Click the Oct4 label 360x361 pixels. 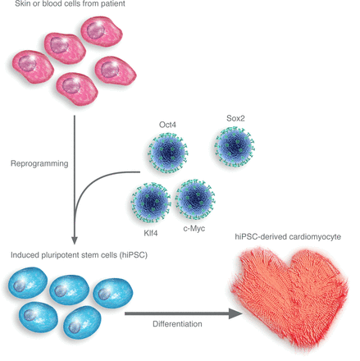tap(167, 125)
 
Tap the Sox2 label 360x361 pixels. tap(235, 118)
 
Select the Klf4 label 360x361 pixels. tap(151, 233)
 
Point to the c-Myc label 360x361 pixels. tap(194, 228)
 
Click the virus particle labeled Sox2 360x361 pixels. tap(235, 147)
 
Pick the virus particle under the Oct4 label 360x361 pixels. tap(168, 153)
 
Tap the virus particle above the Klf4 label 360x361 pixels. tap(151, 203)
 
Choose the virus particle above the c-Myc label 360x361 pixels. tap(195, 199)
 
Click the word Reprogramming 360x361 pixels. tap(39, 163)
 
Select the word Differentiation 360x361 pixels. tap(177, 324)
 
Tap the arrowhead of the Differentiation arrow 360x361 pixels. tap(235, 313)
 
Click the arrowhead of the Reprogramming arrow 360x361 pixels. tap(74, 240)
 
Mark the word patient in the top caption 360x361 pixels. tap(112, 3)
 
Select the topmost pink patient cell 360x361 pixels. tap(102, 31)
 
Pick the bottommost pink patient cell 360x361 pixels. tap(77, 89)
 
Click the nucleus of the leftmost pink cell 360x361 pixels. tap(27, 64)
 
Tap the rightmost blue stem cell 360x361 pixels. tap(113, 293)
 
